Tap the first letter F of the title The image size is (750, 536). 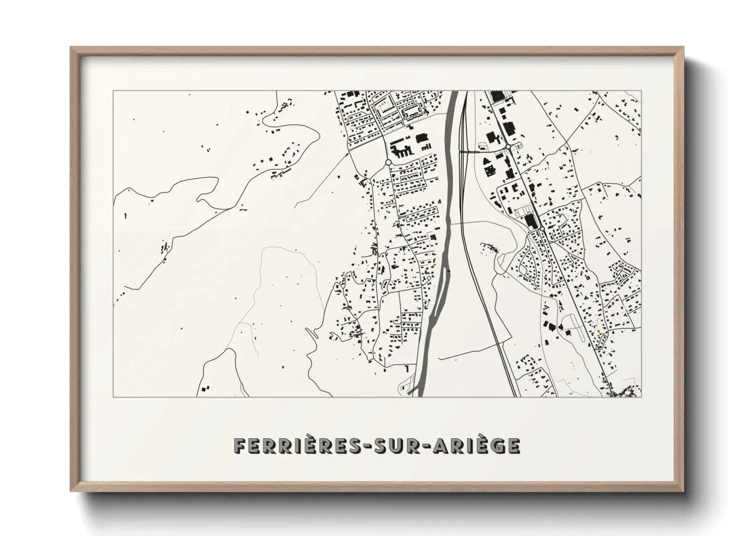click(x=239, y=446)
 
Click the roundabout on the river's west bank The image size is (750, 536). click(x=388, y=163)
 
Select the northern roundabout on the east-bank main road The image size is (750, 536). click(x=507, y=146)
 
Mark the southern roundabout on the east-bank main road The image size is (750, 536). click(x=542, y=229)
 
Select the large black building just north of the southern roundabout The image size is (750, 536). click(x=530, y=221)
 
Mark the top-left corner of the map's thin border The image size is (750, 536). click(x=113, y=91)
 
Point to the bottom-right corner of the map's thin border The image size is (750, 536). click(x=641, y=397)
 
